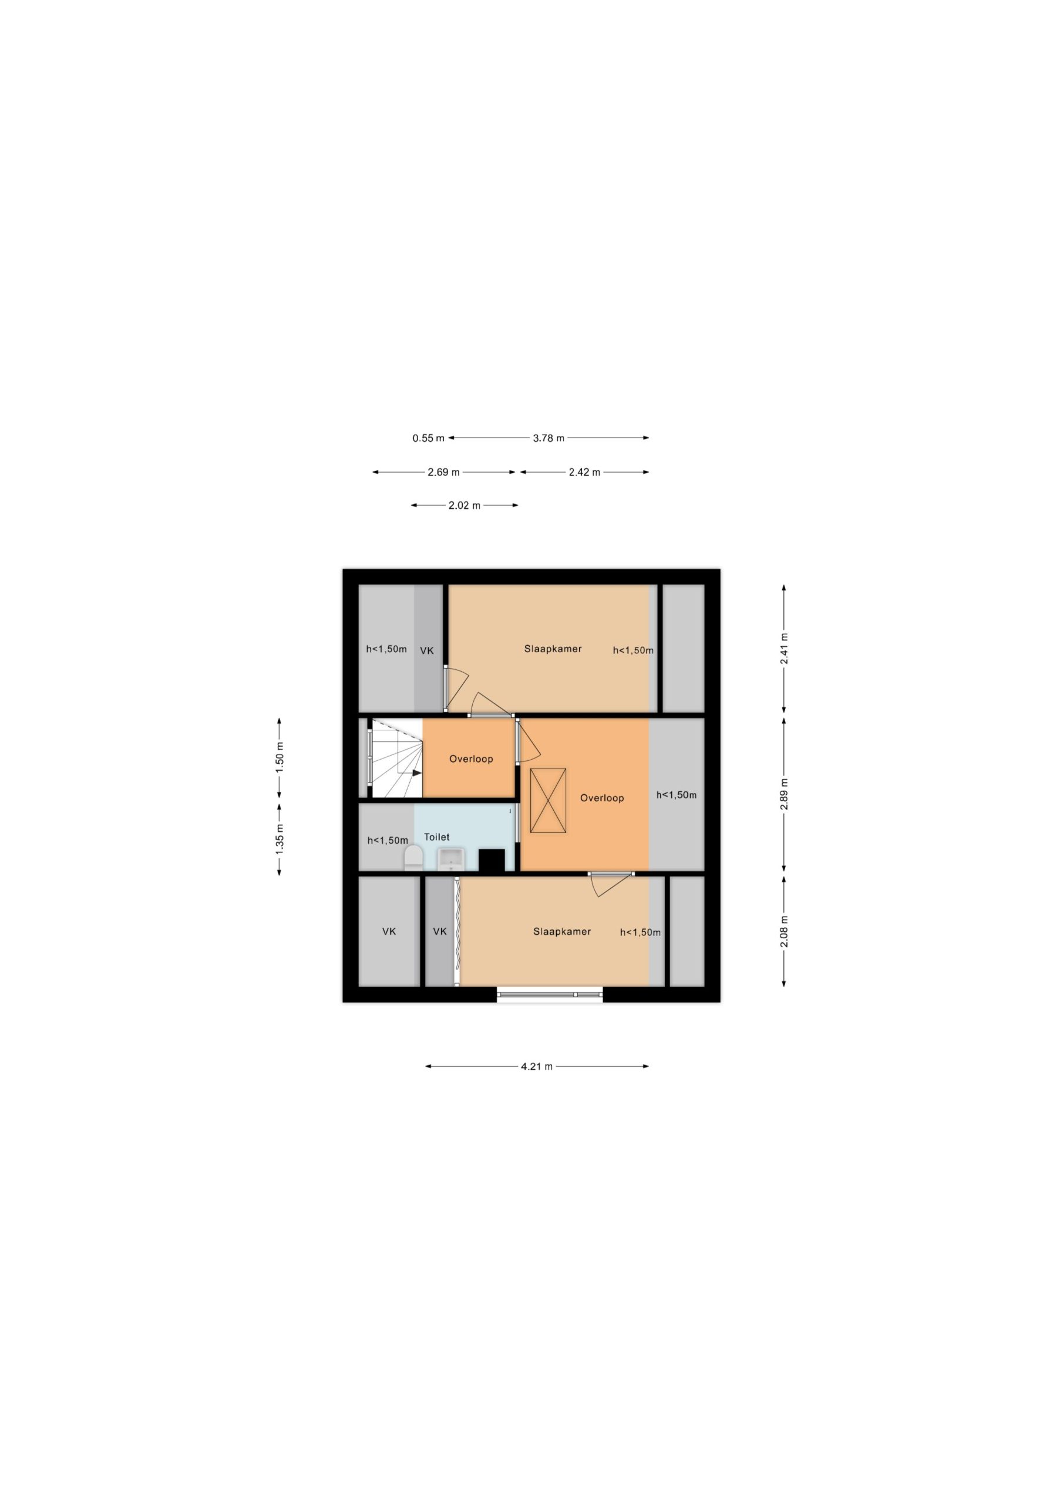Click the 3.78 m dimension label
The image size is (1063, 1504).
[x=548, y=438]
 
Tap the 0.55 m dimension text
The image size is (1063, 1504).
[x=428, y=438]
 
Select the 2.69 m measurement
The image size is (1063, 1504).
[x=443, y=472]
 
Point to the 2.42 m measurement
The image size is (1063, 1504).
[x=584, y=472]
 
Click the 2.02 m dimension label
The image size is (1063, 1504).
[x=465, y=506]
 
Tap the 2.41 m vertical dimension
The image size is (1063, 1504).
[x=784, y=649]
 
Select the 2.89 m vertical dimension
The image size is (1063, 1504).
[x=784, y=794]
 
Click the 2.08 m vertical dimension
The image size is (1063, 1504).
[x=784, y=931]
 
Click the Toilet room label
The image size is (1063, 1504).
[x=437, y=837]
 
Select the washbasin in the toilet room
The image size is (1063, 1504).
[x=450, y=859]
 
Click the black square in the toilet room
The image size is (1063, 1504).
[x=491, y=860]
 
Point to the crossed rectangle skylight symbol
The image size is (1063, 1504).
[x=547, y=801]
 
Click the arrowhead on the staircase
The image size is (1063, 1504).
[x=416, y=773]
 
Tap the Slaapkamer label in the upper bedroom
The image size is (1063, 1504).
[x=553, y=649]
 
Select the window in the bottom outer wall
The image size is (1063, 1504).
[x=550, y=995]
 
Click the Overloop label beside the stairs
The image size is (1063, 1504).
[x=471, y=759]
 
